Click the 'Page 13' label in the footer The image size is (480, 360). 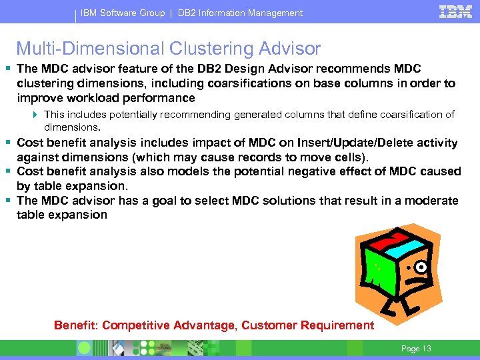[416, 348]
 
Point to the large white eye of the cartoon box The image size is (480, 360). [421, 268]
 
